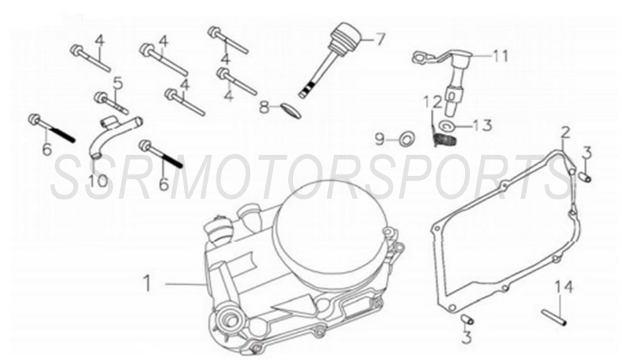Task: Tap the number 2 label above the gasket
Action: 565,133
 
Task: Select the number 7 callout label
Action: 379,39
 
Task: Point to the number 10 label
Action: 98,179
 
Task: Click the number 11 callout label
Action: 499,55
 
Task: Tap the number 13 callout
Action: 482,125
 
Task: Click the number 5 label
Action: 118,83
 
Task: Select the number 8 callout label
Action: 264,108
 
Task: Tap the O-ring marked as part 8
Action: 287,110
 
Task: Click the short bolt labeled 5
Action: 110,102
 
